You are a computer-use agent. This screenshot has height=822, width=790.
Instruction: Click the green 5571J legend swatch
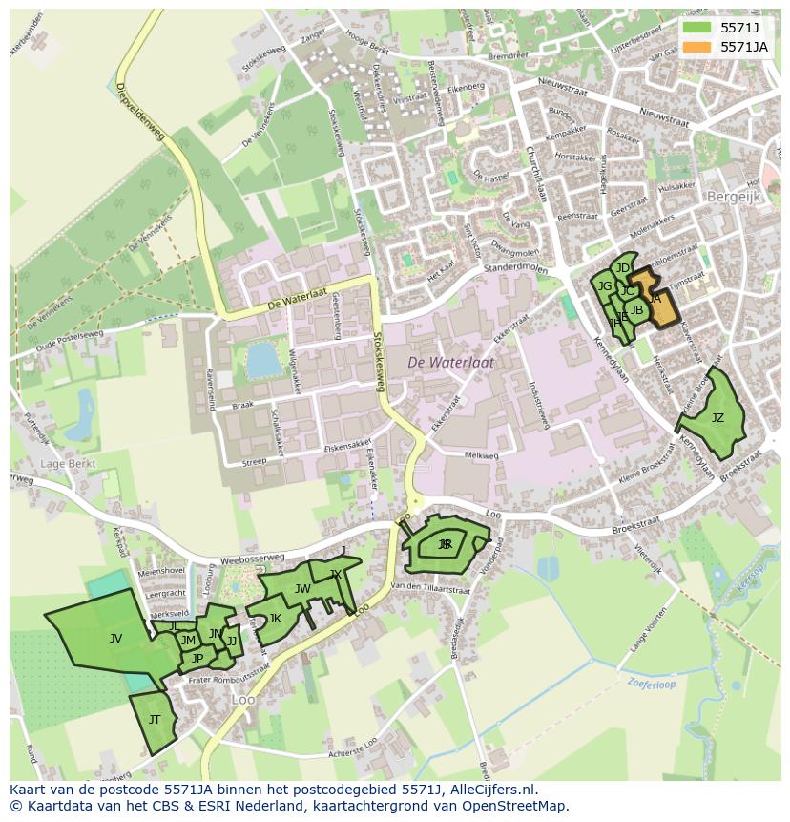[696, 28]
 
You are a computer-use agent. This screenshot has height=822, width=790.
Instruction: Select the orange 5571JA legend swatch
[696, 47]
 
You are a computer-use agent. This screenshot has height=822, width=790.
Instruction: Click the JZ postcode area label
[717, 418]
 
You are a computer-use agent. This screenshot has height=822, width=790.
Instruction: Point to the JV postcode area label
[115, 638]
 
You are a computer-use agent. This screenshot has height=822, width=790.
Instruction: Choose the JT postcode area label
[155, 719]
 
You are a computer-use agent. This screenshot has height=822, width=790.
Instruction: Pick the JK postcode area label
[275, 619]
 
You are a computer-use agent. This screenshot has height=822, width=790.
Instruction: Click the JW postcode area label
[302, 589]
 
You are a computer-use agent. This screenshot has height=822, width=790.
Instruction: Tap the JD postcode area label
[623, 268]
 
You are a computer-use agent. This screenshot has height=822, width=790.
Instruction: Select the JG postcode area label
[604, 285]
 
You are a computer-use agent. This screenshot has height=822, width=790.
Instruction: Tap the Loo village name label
[243, 700]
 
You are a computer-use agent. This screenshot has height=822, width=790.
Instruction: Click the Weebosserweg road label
[252, 557]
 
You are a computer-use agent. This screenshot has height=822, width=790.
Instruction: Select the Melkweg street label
[481, 456]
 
